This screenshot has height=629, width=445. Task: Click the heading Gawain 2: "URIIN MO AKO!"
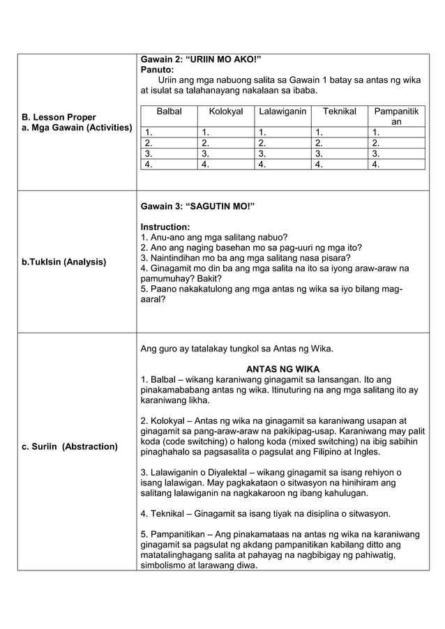coord(201,59)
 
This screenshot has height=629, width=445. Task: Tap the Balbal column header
coord(169,112)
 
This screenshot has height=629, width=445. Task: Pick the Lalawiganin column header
coord(282,112)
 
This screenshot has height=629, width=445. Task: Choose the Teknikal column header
coord(339,112)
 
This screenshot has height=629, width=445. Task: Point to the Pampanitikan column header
coord(396,116)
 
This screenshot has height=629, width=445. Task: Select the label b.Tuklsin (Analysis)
coord(64,262)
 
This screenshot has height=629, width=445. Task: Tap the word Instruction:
coord(165,227)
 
